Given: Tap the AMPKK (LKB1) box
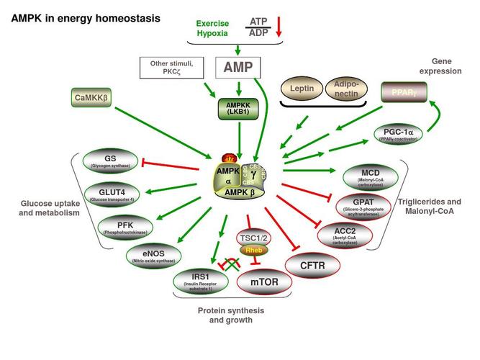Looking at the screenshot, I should click(x=237, y=109).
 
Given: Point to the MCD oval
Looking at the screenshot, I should click(x=371, y=175).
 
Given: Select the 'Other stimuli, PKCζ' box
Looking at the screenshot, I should click(x=173, y=68).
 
